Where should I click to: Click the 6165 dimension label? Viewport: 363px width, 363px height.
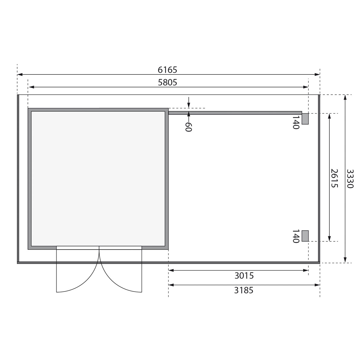click(167, 70)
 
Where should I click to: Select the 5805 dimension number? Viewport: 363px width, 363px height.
click(168, 83)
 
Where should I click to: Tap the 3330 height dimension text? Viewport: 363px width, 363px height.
click(350, 178)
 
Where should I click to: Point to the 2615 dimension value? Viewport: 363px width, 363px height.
click(334, 178)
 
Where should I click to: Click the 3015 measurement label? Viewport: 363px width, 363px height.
click(244, 276)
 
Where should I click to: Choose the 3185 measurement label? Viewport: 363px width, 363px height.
click(244, 290)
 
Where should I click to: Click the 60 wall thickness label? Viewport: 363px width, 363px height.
click(188, 127)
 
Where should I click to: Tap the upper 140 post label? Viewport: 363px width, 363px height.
click(296, 122)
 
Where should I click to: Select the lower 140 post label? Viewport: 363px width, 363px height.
click(296, 236)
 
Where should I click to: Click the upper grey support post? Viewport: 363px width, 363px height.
click(305, 119)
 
